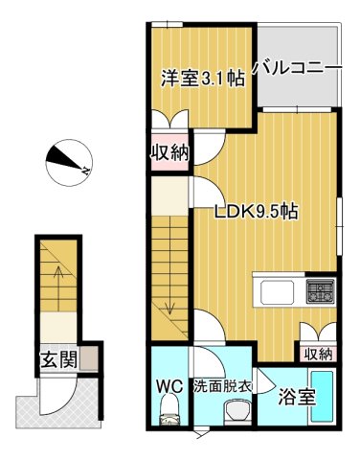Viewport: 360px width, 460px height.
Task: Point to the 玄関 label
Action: click(x=58, y=360)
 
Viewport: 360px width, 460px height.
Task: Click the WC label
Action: click(x=170, y=388)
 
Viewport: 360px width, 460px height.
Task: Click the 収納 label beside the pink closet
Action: click(x=169, y=150)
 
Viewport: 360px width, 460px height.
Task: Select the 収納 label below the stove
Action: click(x=319, y=354)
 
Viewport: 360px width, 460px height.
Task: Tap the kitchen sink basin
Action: click(x=278, y=290)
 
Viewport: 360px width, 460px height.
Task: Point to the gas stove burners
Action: click(x=320, y=289)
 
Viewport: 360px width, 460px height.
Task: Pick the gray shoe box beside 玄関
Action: click(x=89, y=360)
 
